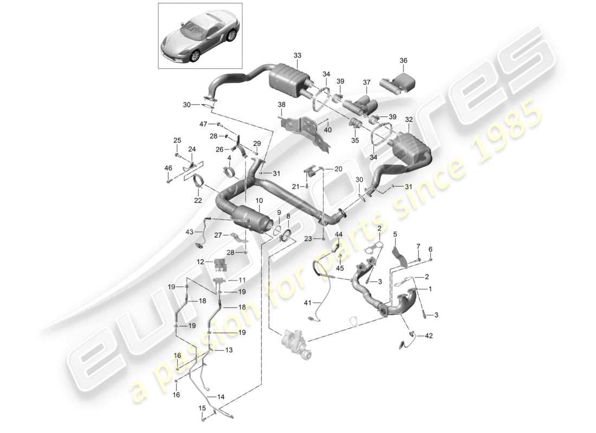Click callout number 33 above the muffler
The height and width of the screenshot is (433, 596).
point(297,55)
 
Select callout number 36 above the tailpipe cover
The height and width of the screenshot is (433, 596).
point(404,61)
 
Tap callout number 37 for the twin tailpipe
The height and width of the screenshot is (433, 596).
point(366,82)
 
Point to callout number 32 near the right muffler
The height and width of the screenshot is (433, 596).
point(409,120)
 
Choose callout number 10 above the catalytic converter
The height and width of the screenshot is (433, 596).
point(258,201)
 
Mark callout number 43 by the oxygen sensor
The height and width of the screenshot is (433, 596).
point(189,232)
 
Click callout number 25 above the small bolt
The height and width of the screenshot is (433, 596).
point(177,141)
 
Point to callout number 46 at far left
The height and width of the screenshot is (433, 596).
point(168,168)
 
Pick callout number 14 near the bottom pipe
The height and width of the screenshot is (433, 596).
point(220,397)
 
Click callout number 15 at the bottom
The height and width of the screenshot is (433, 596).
point(202,408)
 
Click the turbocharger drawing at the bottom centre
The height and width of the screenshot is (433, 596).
point(296,343)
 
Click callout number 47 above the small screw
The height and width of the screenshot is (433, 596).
point(203,124)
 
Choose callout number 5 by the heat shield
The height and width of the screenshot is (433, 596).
point(395,234)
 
